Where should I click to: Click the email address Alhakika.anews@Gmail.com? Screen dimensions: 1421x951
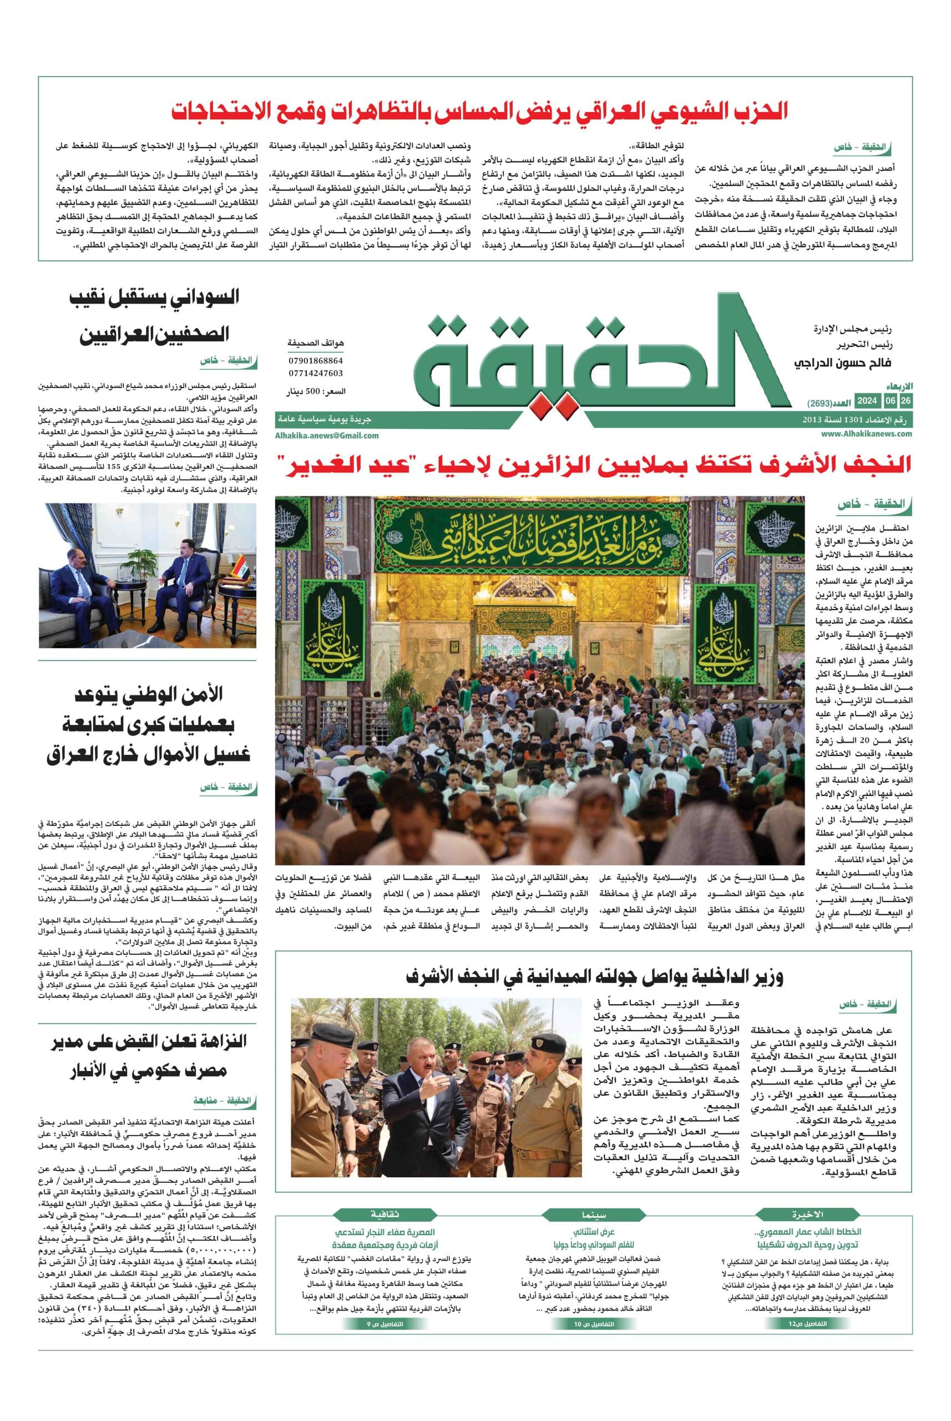point(327,435)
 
